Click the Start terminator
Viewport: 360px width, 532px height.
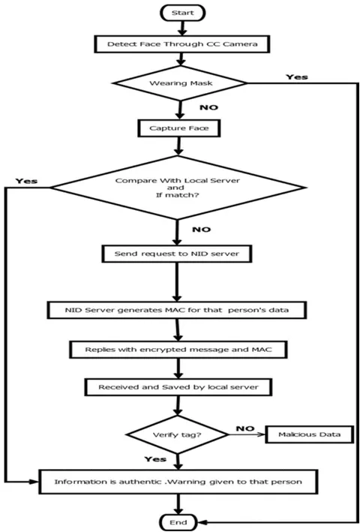tap(183, 13)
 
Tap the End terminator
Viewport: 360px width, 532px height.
tap(178, 522)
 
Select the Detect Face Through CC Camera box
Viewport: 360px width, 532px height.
tap(181, 44)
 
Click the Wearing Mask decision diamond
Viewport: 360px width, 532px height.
tap(180, 83)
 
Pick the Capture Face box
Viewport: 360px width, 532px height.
tap(179, 128)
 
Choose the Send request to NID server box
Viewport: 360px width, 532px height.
tap(176, 254)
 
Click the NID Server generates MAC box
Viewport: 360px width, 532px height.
tap(176, 310)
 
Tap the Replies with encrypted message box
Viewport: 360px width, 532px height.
tap(178, 350)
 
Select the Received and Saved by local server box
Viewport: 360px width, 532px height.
tap(178, 387)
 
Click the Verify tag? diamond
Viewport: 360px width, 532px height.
tap(178, 434)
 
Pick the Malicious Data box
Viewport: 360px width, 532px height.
tap(310, 434)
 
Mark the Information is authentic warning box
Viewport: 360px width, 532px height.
tap(178, 482)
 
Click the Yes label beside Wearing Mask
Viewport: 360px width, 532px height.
tap(297, 77)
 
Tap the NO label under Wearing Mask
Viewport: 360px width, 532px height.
tap(208, 107)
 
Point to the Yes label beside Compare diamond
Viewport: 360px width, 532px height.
tap(26, 181)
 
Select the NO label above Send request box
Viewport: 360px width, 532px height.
tap(201, 230)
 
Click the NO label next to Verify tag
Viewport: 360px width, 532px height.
tap(245, 429)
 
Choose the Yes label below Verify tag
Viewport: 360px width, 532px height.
tap(155, 459)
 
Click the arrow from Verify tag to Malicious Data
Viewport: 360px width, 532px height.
tap(247, 434)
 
